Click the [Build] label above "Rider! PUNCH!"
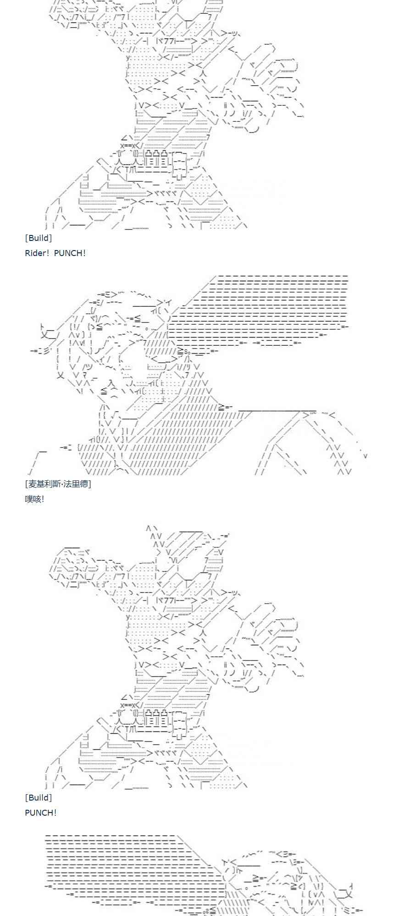39,238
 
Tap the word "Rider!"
37,253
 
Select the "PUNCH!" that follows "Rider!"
70,253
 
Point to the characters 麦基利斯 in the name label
43,484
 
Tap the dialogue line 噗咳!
34,499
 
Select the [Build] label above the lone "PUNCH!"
39,797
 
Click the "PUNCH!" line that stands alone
41,812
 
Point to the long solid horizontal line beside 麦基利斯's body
277,410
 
